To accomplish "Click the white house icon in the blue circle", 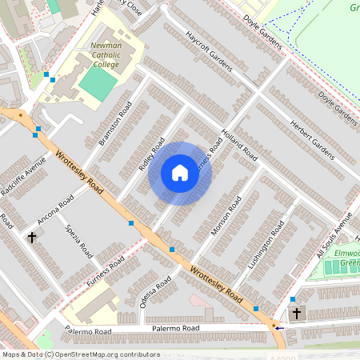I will [180, 174].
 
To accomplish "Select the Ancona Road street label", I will [55, 209].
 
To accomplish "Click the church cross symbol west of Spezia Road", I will [32, 238].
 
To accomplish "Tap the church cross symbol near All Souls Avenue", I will [296, 313].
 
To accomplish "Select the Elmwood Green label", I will [348, 258].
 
